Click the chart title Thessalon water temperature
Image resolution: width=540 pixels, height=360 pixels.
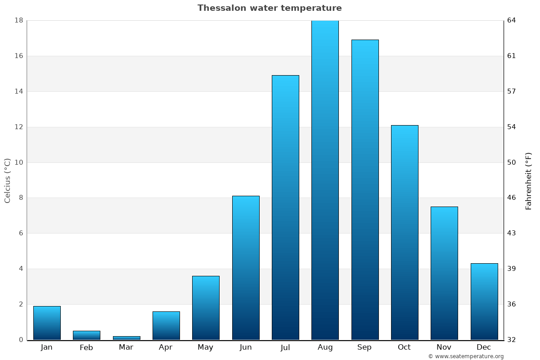click(270, 8)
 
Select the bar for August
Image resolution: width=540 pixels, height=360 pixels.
click(325, 180)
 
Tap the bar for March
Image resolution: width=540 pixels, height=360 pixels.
click(126, 337)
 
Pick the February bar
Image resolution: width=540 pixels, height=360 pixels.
click(86, 335)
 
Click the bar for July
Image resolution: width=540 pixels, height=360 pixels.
click(285, 207)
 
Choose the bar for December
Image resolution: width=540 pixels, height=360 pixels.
click(484, 301)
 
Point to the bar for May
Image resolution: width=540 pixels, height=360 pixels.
click(206, 308)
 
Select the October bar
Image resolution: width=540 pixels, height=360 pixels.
click(405, 232)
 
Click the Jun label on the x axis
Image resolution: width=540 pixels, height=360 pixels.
click(246, 347)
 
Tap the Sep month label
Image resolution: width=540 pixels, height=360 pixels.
click(364, 347)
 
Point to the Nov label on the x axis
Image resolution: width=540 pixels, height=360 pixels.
click(444, 347)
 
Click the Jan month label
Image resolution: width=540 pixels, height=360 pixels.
click(47, 347)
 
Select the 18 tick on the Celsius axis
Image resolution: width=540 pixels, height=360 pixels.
click(19, 20)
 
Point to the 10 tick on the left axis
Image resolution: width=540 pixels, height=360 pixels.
click(19, 162)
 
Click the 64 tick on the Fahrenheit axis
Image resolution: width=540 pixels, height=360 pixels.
click(512, 20)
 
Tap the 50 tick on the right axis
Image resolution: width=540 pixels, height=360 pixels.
click(512, 162)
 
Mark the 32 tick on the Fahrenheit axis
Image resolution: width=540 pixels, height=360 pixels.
click(512, 340)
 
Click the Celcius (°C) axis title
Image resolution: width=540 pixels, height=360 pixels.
click(8, 180)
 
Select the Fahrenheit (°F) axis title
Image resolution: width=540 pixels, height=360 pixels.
click(528, 181)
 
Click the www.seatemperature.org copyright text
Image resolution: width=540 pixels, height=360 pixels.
click(466, 356)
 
